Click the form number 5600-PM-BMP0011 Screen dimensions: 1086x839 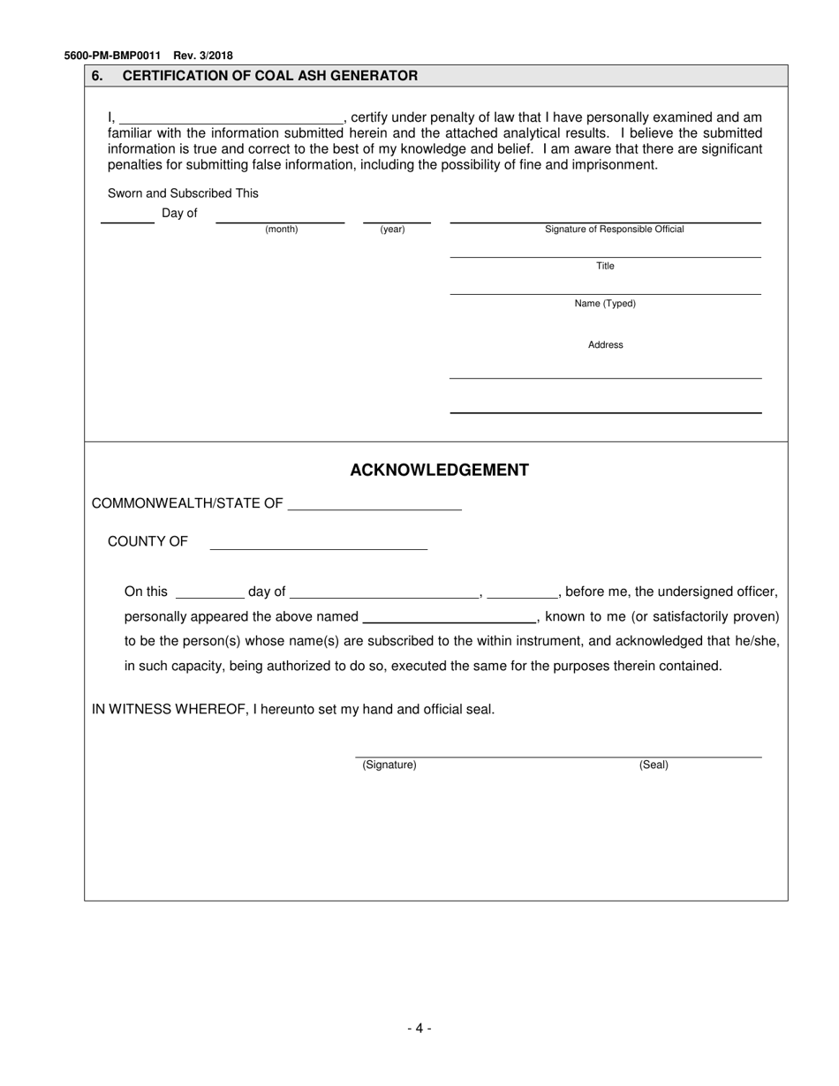[x=112, y=56]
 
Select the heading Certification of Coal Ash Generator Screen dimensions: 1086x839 [x=269, y=76]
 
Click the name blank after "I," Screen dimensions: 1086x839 [x=231, y=118]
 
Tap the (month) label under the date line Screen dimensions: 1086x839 [x=282, y=230]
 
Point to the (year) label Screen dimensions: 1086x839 [x=392, y=230]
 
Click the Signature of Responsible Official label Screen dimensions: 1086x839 [x=614, y=230]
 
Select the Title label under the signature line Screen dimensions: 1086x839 [x=605, y=267]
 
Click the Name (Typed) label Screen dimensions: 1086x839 [x=605, y=304]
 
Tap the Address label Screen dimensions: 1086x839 [x=605, y=345]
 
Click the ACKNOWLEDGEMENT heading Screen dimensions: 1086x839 [x=439, y=470]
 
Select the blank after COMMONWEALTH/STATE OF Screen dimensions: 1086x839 [x=374, y=504]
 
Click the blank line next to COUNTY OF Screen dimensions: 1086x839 [x=318, y=543]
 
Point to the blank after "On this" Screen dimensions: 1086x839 [x=209, y=592]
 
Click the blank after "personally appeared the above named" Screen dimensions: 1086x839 [x=449, y=617]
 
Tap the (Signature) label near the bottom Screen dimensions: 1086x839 [x=389, y=765]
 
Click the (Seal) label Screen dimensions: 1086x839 [x=654, y=765]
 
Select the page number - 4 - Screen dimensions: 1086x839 [x=419, y=1028]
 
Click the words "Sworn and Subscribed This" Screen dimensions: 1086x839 [x=183, y=193]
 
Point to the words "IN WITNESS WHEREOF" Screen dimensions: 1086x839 [x=170, y=709]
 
